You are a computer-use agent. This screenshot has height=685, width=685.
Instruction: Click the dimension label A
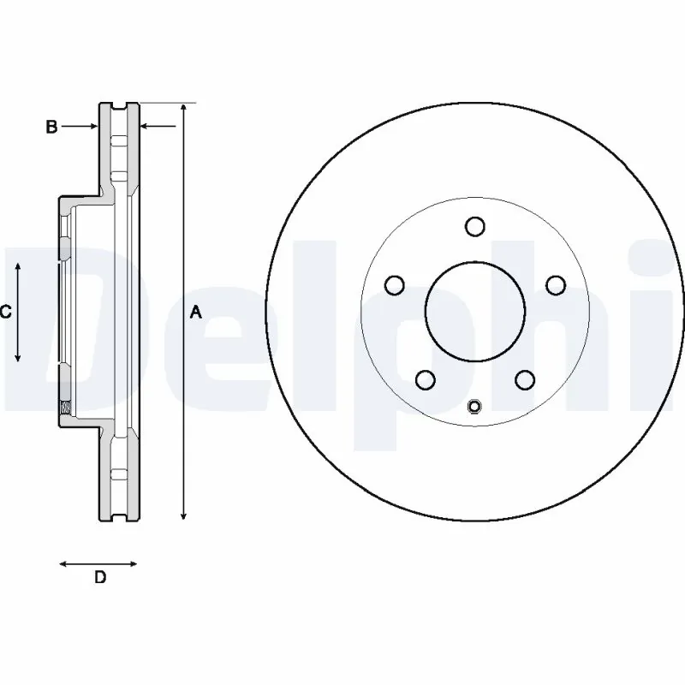(x=195, y=313)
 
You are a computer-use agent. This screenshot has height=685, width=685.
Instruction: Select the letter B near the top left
(x=51, y=128)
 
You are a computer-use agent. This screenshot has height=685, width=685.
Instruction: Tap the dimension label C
(x=5, y=313)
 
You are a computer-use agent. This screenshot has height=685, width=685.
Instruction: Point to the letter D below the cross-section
(x=99, y=578)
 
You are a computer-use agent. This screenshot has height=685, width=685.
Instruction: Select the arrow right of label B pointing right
(x=92, y=127)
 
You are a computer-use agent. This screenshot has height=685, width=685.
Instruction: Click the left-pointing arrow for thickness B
(x=146, y=127)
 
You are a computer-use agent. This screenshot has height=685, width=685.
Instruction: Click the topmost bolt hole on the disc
(x=475, y=226)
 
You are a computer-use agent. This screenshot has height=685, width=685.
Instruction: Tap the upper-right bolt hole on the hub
(x=556, y=284)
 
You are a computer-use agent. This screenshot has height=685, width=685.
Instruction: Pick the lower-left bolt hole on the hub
(x=425, y=379)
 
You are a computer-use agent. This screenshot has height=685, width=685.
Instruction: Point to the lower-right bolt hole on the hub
(x=525, y=379)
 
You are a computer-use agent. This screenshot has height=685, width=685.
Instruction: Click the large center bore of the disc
(x=475, y=311)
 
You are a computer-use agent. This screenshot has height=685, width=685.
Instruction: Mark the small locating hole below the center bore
(x=475, y=407)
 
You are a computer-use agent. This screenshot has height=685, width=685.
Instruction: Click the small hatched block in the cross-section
(x=64, y=409)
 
